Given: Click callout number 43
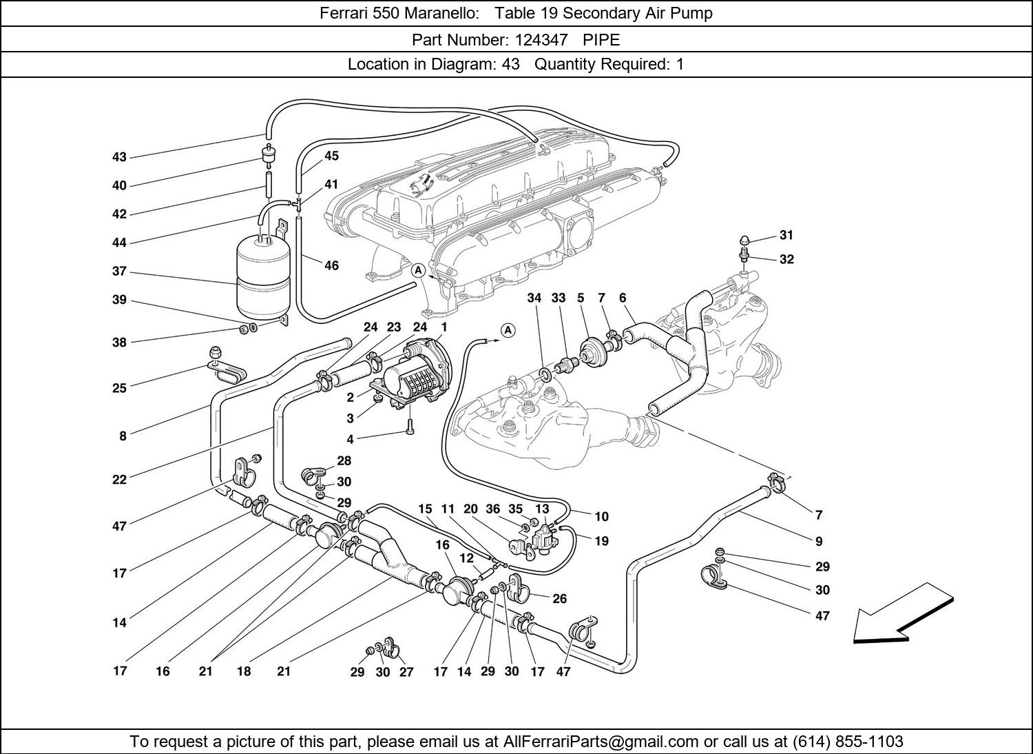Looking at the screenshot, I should click(119, 157).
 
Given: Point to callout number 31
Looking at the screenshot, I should click(786, 235).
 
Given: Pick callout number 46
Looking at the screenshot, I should click(331, 265).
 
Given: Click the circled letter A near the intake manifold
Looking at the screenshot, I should click(418, 271).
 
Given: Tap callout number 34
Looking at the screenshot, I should click(534, 298).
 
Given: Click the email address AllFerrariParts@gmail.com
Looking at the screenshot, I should click(601, 742).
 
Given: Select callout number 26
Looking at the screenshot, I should click(559, 599).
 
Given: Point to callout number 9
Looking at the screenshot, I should click(818, 541).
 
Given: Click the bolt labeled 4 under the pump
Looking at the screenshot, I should click(410, 427).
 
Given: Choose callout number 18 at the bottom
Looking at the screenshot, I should click(244, 671).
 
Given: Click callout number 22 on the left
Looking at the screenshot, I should click(120, 480).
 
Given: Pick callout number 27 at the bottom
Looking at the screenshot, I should click(406, 672).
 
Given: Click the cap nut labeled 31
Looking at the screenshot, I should click(744, 241).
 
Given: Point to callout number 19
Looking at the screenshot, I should click(601, 541).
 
